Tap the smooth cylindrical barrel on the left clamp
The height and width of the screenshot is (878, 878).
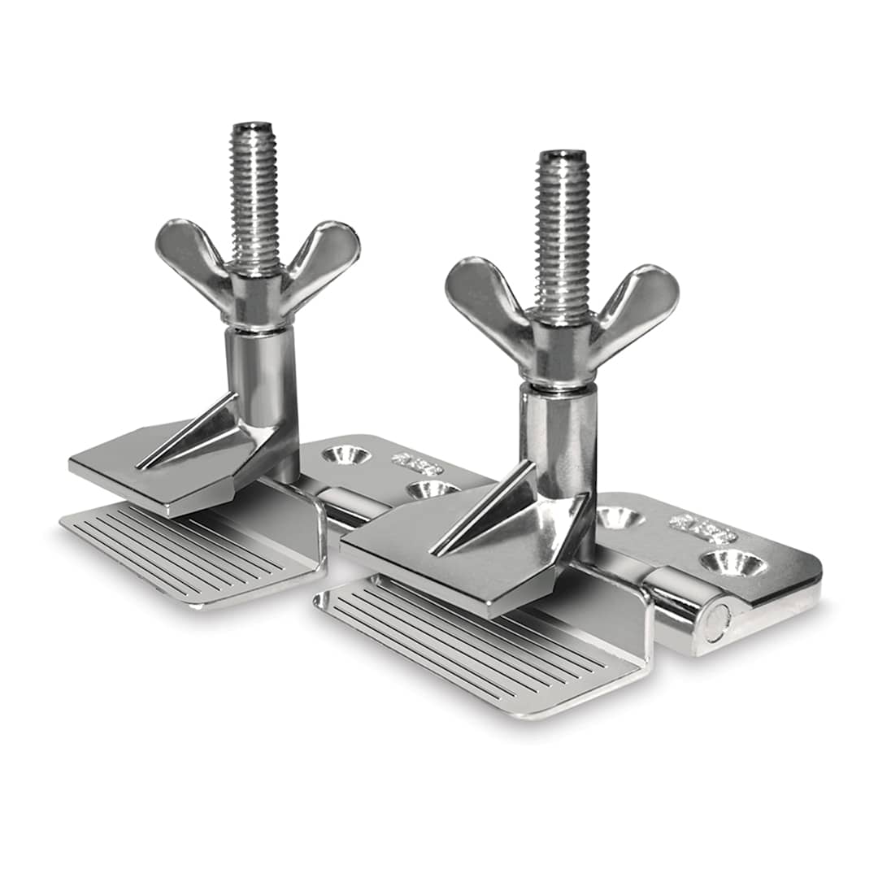tap(261, 374)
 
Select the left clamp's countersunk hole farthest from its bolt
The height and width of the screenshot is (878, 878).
tap(431, 489)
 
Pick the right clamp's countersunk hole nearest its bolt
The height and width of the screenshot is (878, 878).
tap(620, 517)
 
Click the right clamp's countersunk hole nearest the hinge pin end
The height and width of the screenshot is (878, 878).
tap(732, 563)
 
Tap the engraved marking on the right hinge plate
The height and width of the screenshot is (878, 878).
tap(702, 529)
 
